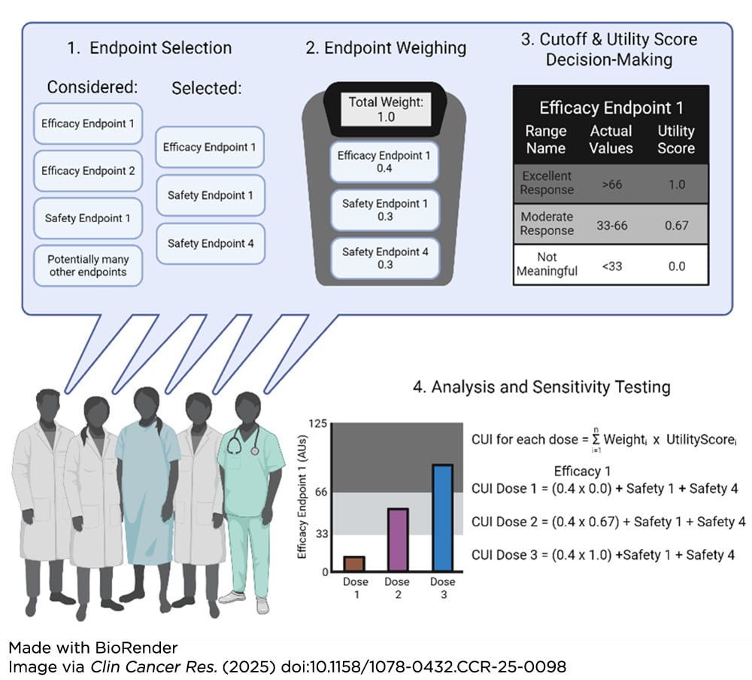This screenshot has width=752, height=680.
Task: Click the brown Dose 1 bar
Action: (x=354, y=564)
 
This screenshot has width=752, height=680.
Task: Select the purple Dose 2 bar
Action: (x=397, y=540)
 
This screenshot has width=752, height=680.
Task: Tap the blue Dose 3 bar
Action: (x=443, y=518)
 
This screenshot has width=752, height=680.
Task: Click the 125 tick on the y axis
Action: (x=317, y=424)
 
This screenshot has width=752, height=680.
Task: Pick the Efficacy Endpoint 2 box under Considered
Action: (x=89, y=171)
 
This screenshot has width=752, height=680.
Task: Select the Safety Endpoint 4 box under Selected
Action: (x=211, y=243)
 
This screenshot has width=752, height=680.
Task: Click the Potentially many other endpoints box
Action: (x=89, y=265)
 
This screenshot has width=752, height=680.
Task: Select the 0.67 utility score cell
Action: (x=676, y=225)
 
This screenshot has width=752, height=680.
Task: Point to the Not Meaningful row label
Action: (x=547, y=264)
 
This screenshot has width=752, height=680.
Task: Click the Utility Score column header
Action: (x=676, y=139)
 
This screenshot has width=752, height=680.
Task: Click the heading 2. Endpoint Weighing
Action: (x=386, y=48)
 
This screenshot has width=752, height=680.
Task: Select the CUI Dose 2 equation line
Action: (x=608, y=521)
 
